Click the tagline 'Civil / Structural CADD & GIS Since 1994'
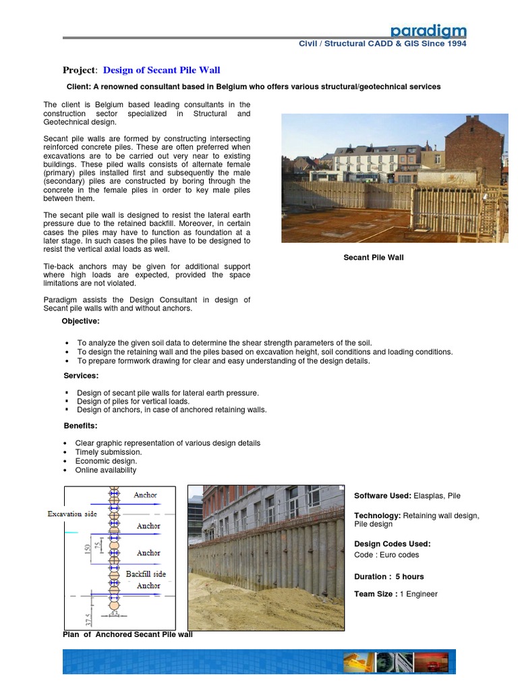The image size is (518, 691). pos(382,44)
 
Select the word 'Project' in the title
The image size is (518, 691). pos(80,70)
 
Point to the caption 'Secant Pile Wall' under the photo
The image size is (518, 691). pos(374,258)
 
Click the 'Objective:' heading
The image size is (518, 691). pos(80,321)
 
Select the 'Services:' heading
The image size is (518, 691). pos(81,375)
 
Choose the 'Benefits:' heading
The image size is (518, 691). pos(81,426)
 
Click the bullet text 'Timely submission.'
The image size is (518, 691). pos(109,452)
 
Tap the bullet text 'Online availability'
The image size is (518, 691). pos(106,470)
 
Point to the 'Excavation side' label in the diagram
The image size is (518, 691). pos(72,514)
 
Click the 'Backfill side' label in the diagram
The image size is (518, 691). pos(146,574)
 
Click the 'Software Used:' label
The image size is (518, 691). pos(382,496)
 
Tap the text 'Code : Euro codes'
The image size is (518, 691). pos(386,555)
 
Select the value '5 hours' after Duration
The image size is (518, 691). pos(409,577)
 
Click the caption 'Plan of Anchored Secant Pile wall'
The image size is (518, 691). pos(127,634)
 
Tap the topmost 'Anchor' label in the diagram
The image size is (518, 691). pos(146,495)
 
